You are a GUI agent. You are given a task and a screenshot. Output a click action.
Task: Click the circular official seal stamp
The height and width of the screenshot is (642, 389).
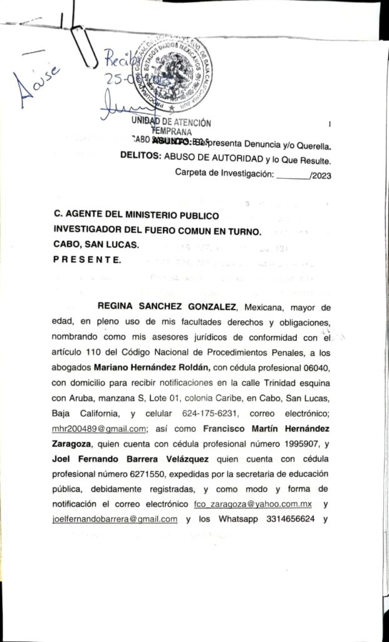pyautogui.click(x=174, y=73)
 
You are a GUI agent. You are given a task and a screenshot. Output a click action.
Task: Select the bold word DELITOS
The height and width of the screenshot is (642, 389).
pyautogui.click(x=141, y=159)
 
